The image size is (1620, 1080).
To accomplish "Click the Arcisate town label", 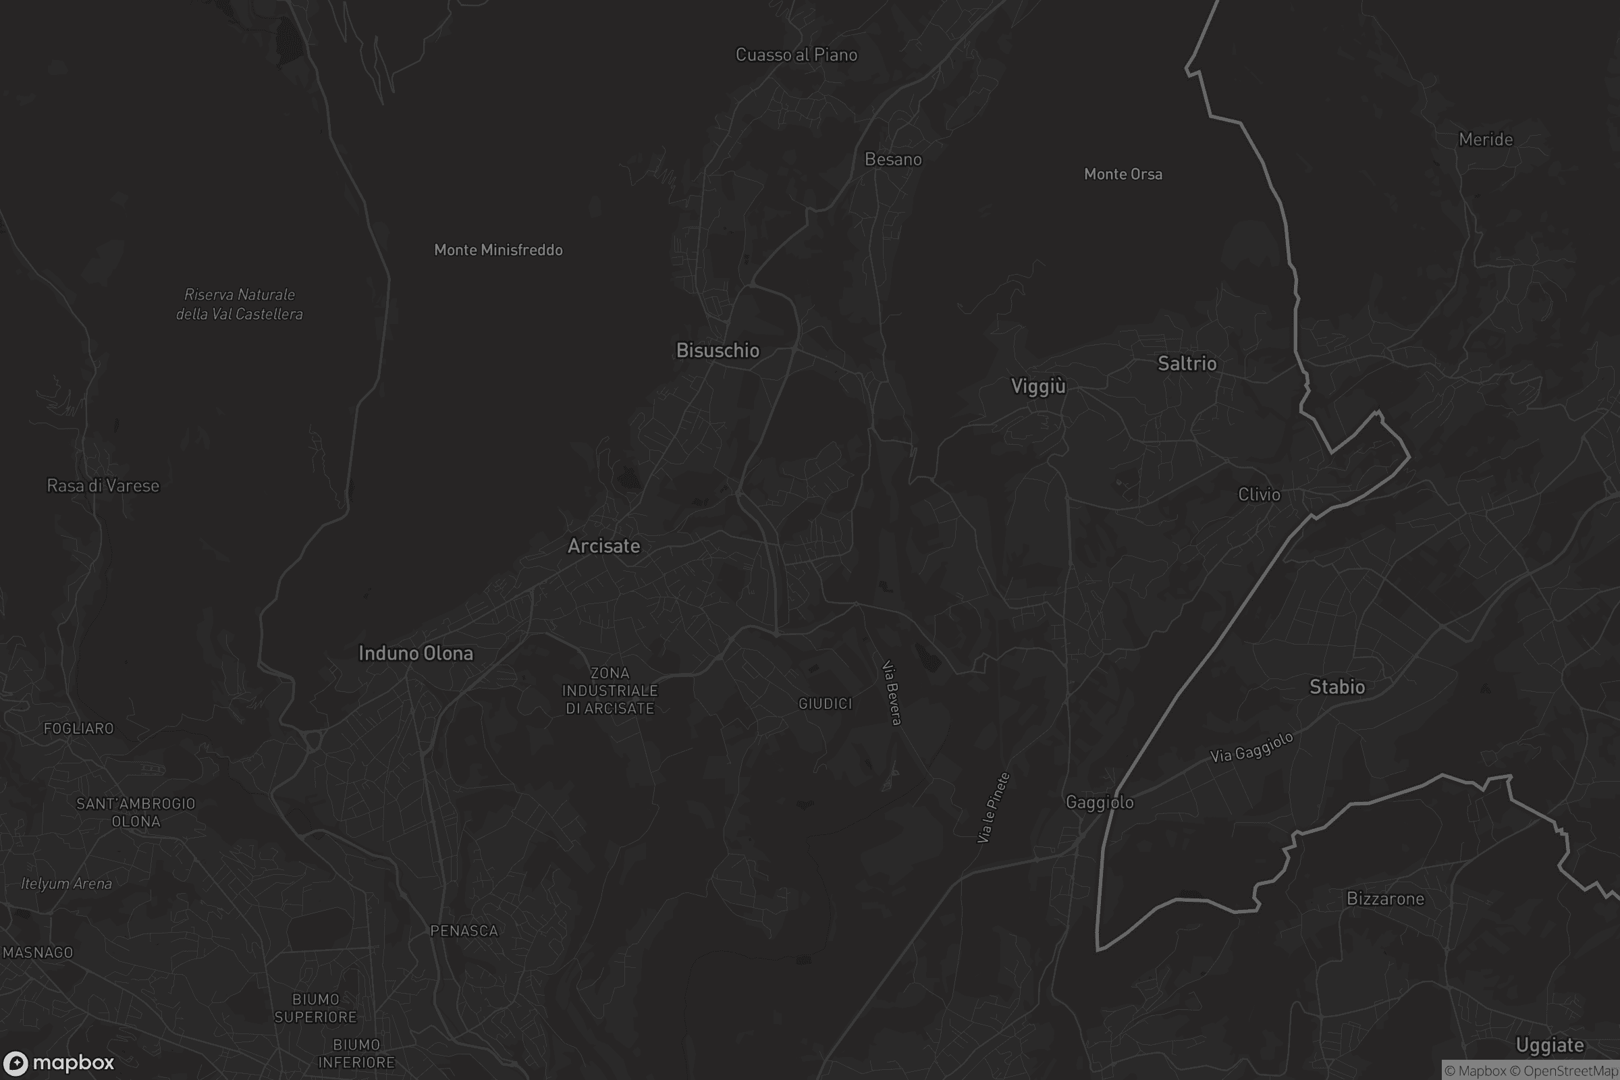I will [x=603, y=546].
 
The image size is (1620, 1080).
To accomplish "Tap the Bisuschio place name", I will [x=718, y=350].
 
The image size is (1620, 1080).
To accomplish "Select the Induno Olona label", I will [x=415, y=653].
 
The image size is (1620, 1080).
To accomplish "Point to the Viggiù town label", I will [x=1038, y=386].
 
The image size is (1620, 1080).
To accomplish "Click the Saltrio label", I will [x=1187, y=364].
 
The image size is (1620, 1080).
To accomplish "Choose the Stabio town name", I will [x=1336, y=686].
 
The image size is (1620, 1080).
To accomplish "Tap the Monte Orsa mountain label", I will [x=1123, y=174].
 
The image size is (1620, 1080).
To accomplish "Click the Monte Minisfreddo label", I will [x=498, y=250].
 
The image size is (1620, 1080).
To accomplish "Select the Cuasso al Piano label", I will [x=796, y=55].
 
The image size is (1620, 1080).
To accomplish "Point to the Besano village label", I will [x=892, y=160].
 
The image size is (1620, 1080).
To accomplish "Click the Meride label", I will [x=1486, y=140].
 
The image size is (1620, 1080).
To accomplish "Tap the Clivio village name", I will [x=1258, y=495].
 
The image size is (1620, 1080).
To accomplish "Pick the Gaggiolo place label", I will [x=1100, y=803].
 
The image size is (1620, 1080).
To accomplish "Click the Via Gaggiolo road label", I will [x=1251, y=747].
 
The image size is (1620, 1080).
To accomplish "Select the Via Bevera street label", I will [x=892, y=693].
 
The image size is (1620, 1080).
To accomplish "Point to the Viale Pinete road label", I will [x=993, y=808].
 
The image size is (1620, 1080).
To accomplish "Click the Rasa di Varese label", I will [x=103, y=485].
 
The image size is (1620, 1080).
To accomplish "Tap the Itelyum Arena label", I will [x=66, y=884].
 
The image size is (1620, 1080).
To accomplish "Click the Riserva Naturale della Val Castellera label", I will [x=239, y=304].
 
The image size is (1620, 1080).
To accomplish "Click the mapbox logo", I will [x=58, y=1062].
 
